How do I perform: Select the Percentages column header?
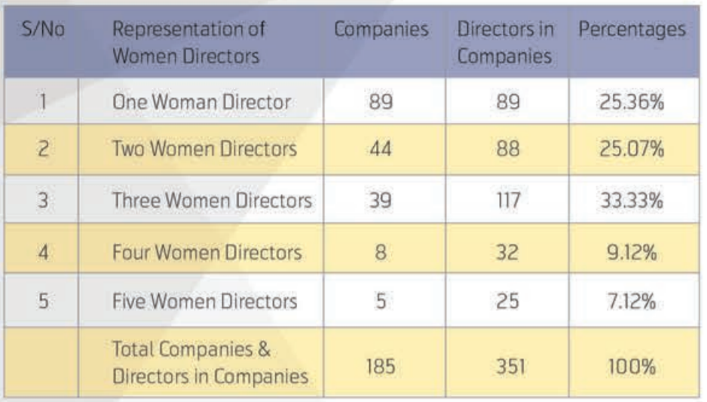click(x=632, y=31)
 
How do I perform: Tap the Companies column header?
click(x=381, y=31)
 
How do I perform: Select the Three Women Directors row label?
click(x=211, y=201)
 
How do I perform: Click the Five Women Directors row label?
click(x=204, y=302)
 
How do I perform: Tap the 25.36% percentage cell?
click(x=632, y=103)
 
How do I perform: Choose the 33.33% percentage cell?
click(x=632, y=201)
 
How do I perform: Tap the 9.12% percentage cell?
click(x=632, y=252)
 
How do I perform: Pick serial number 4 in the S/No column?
click(x=44, y=252)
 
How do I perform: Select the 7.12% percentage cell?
click(x=632, y=302)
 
